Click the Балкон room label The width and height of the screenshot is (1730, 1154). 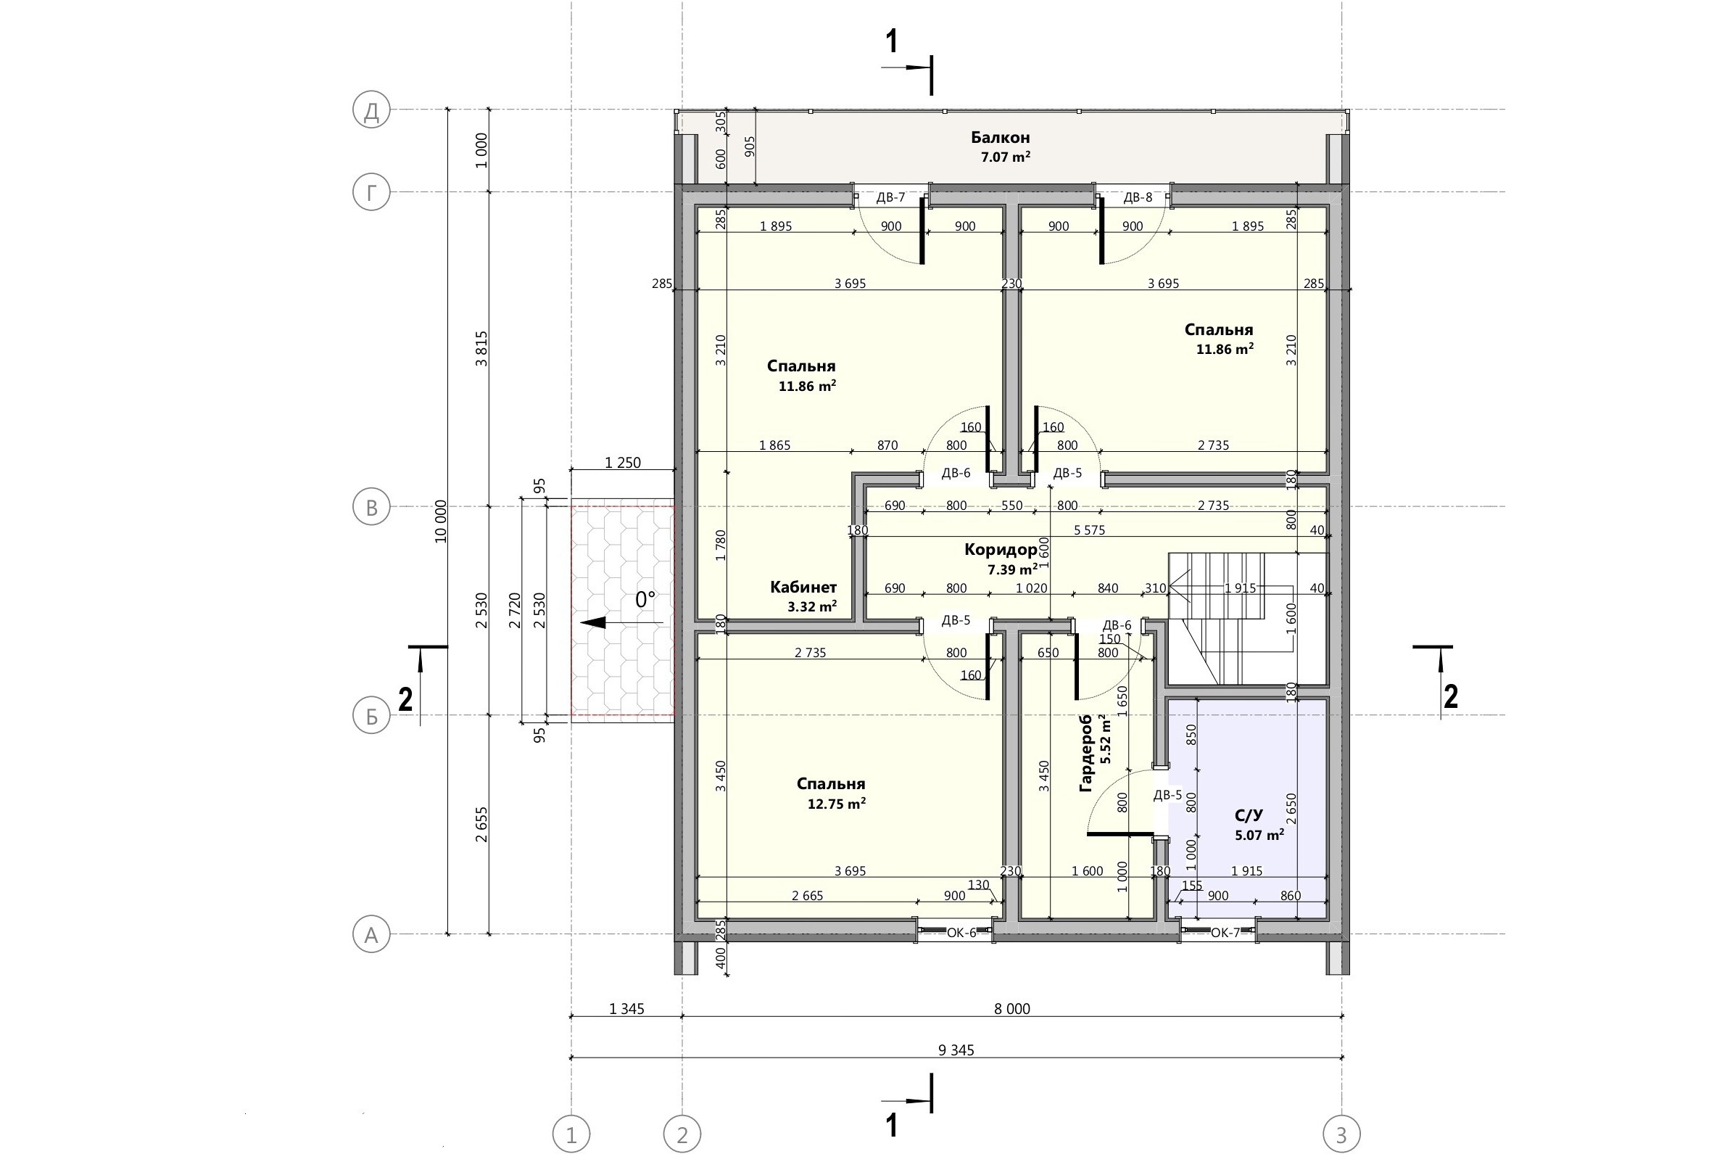tap(1001, 137)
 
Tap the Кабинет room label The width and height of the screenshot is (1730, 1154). tap(803, 588)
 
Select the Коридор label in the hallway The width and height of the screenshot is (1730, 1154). tap(1001, 549)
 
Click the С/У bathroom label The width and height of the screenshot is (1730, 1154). tap(1249, 815)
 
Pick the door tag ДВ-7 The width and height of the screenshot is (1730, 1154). tap(891, 197)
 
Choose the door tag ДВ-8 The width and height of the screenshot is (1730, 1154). tap(1138, 197)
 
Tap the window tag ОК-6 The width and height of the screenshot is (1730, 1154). tap(961, 933)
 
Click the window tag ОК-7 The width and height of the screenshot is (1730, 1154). tap(1225, 933)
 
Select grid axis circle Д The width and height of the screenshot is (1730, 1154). tap(371, 110)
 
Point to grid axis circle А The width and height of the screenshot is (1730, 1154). tap(371, 935)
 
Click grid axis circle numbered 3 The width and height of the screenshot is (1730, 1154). tap(1341, 1135)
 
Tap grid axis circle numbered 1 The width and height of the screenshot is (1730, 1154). tap(571, 1135)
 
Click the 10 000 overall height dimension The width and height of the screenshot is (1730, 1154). tap(441, 521)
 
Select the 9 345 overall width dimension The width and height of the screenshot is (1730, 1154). tap(956, 1050)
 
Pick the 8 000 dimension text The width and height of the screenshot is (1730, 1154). tap(1012, 1009)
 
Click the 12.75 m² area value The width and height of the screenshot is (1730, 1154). tap(836, 804)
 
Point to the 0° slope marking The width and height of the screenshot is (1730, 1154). tap(645, 600)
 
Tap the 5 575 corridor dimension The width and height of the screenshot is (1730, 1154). tap(1089, 530)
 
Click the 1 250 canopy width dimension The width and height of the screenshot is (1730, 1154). tap(623, 463)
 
